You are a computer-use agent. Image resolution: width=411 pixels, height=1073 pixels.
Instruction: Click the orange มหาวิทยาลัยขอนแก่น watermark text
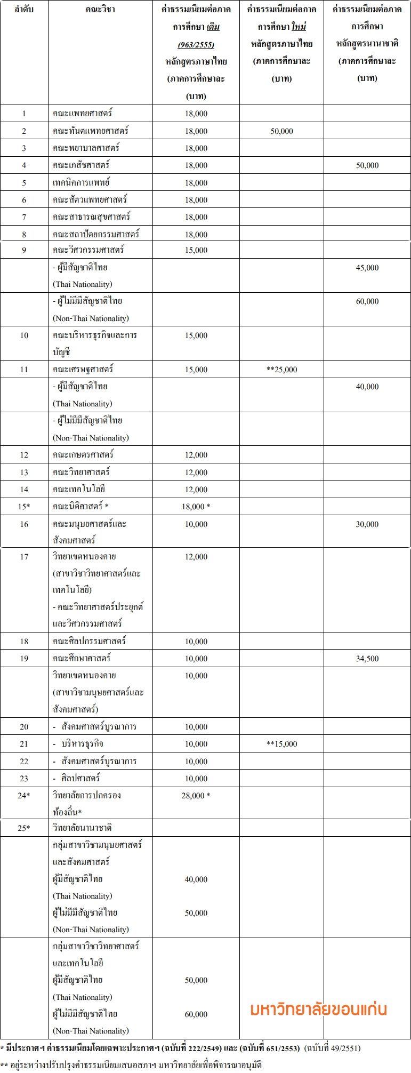318,1010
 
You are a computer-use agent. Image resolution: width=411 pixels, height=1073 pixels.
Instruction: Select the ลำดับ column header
24,9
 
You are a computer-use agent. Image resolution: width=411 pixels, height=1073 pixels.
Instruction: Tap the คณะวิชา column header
100,9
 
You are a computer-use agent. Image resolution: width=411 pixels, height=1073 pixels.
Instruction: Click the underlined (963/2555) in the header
196,44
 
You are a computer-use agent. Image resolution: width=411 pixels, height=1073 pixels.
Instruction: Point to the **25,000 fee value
281,369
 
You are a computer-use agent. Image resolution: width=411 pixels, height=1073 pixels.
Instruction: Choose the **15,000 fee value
281,743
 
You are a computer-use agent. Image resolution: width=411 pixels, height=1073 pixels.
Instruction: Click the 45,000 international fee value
367,268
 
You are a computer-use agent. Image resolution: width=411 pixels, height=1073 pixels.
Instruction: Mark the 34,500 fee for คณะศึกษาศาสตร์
367,658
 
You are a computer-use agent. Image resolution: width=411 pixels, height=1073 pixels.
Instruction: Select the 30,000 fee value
367,524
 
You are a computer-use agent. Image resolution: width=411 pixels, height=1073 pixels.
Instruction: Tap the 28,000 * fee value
196,795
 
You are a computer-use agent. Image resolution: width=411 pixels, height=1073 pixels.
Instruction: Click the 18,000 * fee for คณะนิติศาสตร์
196,506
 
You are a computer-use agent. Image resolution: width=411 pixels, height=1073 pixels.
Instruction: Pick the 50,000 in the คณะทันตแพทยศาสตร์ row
281,131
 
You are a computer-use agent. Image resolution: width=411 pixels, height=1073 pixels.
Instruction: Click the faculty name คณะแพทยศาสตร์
83,113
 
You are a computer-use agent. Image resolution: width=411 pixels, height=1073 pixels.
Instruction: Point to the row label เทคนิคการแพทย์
81,182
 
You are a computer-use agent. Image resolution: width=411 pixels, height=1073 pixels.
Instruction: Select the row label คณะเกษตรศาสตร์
83,454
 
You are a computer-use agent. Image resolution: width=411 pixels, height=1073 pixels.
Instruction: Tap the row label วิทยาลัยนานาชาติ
82,828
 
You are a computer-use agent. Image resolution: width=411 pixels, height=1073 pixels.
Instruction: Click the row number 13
24,472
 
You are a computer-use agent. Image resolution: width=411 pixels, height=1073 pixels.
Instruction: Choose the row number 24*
24,795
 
